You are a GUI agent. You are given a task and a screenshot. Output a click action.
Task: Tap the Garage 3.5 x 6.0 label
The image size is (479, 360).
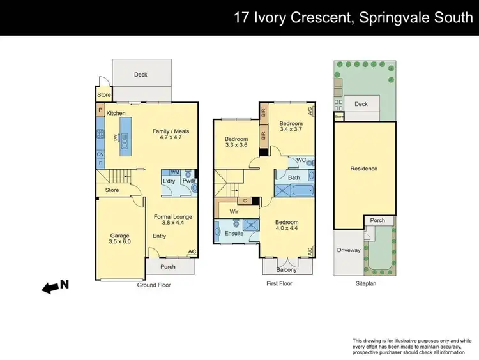[x=119, y=239]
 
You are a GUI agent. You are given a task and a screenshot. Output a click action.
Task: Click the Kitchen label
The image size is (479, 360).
[x=116, y=113]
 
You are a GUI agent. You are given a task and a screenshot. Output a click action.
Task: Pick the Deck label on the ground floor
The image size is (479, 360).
[x=141, y=75]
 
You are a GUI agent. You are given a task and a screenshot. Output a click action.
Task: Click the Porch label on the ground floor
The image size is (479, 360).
[x=167, y=267]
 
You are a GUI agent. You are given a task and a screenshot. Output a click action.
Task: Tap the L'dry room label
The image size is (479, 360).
[x=169, y=181]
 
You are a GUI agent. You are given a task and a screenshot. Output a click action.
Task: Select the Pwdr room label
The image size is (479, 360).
[x=188, y=181]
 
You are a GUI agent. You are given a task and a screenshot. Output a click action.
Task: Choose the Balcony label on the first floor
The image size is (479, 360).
[x=287, y=269]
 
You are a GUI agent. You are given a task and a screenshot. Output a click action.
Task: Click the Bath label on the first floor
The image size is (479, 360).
[x=294, y=177]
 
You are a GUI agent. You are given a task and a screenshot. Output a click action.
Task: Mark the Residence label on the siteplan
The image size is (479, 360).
[x=364, y=169]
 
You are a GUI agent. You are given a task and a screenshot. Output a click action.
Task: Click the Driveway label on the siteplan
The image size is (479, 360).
[x=349, y=250]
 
